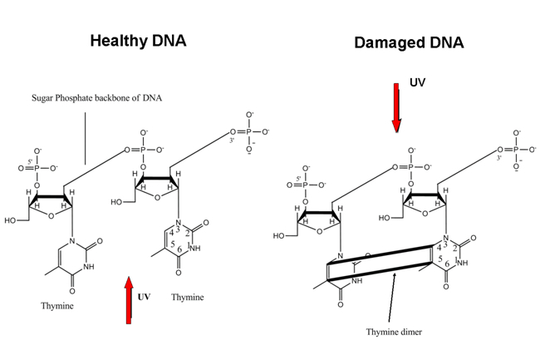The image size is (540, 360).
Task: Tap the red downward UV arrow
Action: (x=397, y=106)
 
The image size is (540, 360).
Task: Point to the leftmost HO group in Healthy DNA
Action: (x=11, y=219)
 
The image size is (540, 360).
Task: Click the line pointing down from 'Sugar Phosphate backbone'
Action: (x=86, y=137)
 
